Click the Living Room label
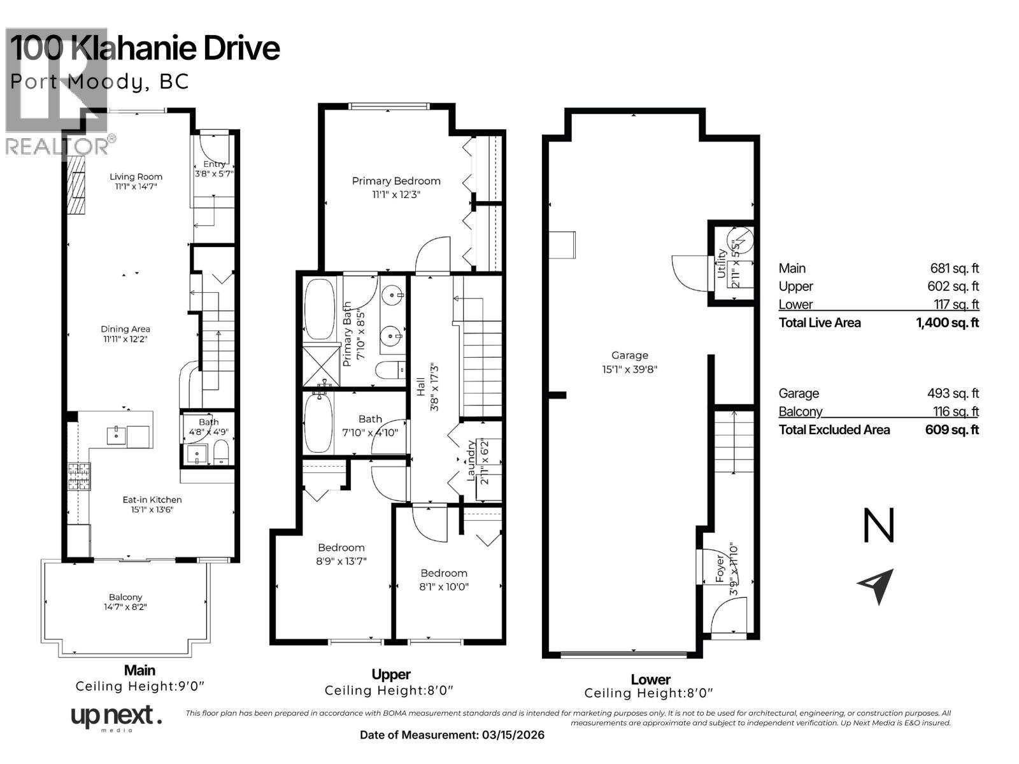coord(136,177)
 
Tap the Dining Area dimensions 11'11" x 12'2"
coord(125,339)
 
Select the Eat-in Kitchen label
coord(152,500)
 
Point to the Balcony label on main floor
coord(125,597)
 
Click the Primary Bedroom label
coord(396,181)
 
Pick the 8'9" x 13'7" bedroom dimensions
coord(341,561)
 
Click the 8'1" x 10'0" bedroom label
coord(444,573)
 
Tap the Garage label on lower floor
coord(629,355)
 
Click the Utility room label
coord(722,263)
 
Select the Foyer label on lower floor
coord(720,568)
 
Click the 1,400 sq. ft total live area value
coord(947,323)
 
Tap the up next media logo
coord(115,718)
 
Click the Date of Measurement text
coord(452,735)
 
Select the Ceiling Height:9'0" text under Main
coord(139,686)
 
